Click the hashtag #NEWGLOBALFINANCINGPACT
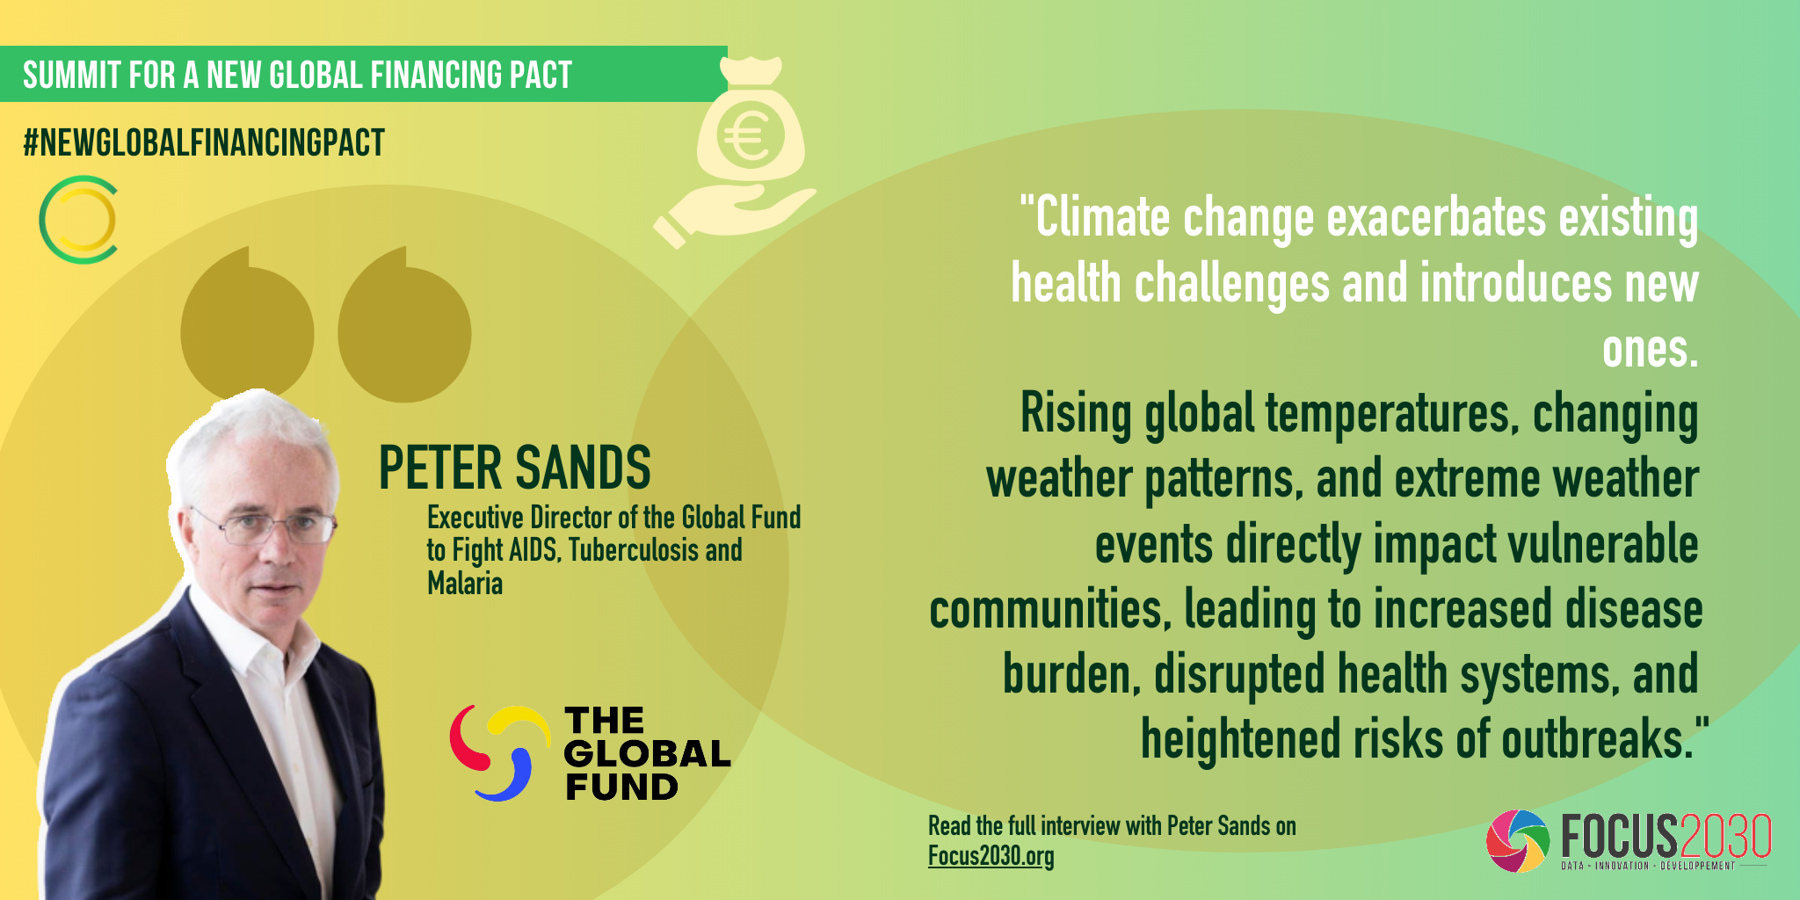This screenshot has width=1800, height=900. point(204,143)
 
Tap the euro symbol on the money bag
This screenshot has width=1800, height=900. point(749,137)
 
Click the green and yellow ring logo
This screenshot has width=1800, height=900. point(78,220)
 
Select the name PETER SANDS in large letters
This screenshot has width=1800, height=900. point(514,468)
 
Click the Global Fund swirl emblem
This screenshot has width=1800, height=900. point(499,752)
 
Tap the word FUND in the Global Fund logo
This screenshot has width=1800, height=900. point(621,787)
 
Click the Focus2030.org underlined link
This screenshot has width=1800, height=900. point(991,856)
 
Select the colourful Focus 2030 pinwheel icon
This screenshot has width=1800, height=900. point(1518,841)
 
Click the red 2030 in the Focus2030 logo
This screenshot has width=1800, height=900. point(1724,836)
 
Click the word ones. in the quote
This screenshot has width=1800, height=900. point(1650,350)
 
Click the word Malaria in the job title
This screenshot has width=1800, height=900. point(465,583)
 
